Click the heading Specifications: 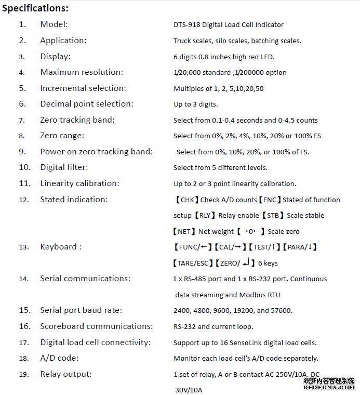coord(35,8)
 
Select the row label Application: coord(63,40)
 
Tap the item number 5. coord(22,88)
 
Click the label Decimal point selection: coord(87,104)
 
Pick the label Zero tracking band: coord(77,120)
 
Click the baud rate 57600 coord(282,311)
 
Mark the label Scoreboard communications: coord(97,326)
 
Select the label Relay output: coord(66,374)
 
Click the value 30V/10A coord(189,390)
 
